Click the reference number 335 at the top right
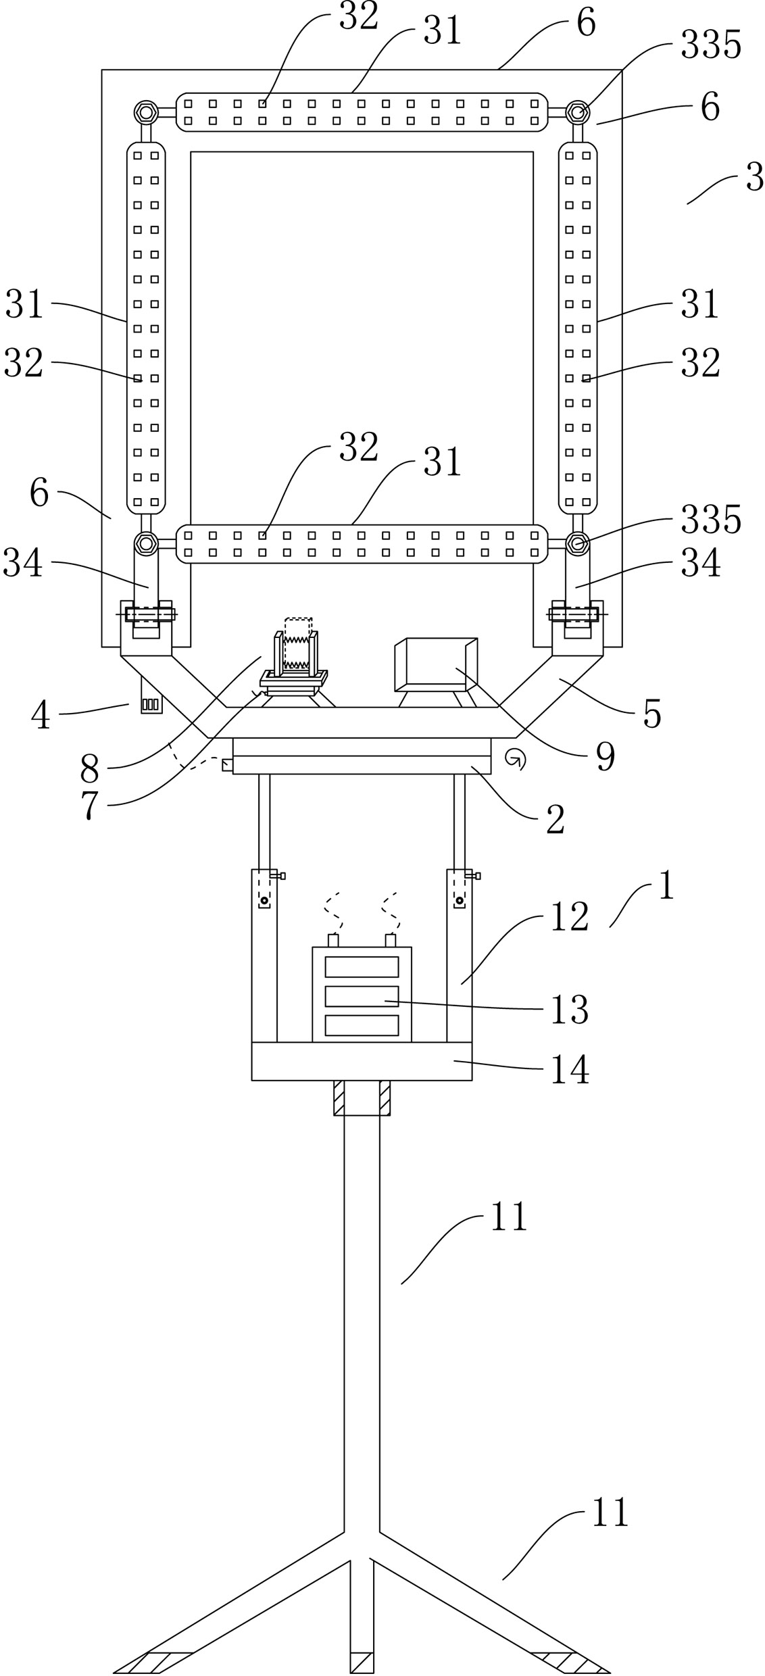[710, 45]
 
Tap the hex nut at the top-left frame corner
[145, 112]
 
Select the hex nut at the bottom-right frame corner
[577, 543]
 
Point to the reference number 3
[754, 178]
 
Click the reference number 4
[40, 715]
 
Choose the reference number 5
[651, 714]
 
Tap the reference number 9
[605, 757]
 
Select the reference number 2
[555, 820]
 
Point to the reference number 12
[570, 917]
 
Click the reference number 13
[570, 1010]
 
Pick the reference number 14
[570, 1070]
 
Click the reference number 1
[666, 885]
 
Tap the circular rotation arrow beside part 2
[516, 760]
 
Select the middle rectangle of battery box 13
[362, 996]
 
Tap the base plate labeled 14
[362, 1061]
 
